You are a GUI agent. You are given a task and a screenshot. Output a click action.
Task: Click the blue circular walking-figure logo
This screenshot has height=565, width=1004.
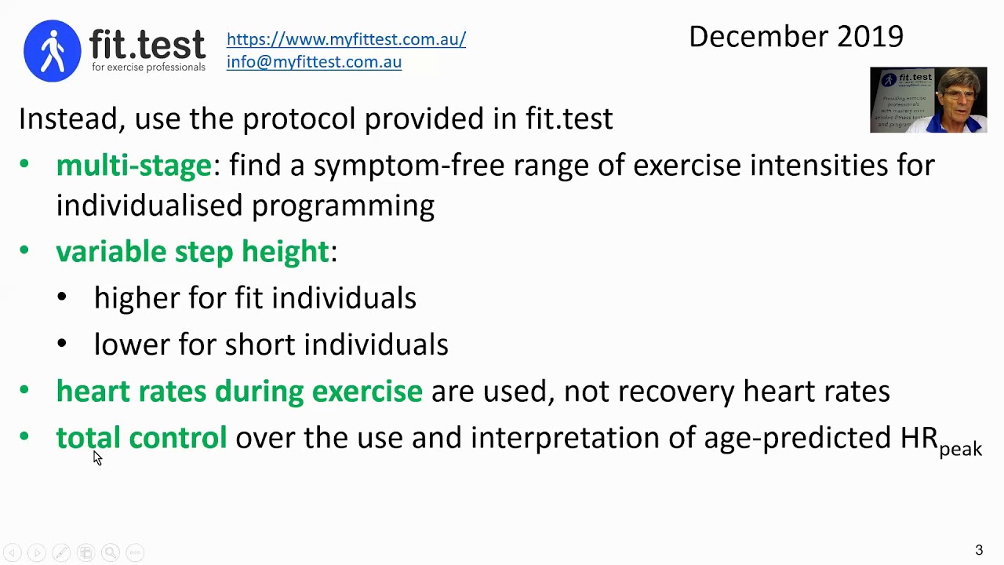point(53,51)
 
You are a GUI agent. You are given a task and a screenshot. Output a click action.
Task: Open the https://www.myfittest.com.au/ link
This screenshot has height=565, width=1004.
point(346,39)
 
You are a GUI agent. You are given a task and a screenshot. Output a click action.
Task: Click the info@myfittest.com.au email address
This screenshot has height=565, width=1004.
point(314,62)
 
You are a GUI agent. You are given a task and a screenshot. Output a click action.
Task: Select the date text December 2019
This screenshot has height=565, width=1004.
point(795,36)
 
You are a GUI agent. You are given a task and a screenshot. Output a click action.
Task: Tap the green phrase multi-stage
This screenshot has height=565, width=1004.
point(134,166)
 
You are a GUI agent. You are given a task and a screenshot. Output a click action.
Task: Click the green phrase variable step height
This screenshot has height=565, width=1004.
point(193,251)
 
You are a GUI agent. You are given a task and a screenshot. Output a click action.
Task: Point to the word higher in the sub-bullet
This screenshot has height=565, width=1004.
point(136,298)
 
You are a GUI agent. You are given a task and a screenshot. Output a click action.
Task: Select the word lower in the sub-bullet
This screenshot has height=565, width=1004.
point(132,344)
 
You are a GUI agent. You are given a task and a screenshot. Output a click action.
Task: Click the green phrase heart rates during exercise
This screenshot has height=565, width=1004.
point(239,391)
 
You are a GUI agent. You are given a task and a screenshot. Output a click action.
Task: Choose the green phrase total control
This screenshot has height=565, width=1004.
point(141,437)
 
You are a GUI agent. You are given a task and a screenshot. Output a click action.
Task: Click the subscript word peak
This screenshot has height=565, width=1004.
point(960,449)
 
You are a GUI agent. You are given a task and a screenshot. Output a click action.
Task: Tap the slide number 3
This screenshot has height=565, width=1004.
point(978,550)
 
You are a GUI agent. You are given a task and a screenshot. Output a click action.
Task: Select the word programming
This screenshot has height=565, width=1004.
point(343,206)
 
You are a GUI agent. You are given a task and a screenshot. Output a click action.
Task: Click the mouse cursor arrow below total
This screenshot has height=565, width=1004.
point(96,457)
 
